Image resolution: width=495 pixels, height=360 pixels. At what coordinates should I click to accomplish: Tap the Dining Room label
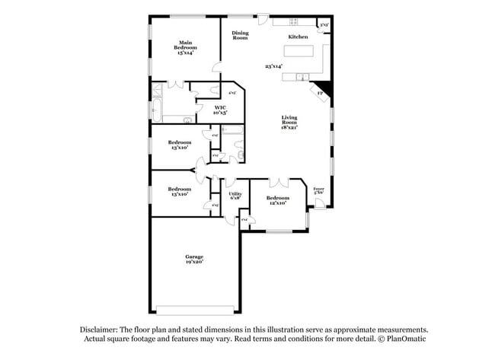pos(240,36)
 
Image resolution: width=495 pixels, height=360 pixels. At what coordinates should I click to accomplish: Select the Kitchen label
pos(297,37)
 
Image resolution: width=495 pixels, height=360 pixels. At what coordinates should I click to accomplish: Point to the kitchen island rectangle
pos(299,53)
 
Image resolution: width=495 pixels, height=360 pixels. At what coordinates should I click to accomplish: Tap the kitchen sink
pos(302,76)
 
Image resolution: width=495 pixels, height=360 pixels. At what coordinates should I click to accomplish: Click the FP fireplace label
pos(320,94)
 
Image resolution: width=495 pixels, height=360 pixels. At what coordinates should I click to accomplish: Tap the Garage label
pos(194,256)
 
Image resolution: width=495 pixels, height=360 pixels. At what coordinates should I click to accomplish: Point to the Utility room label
pos(235,193)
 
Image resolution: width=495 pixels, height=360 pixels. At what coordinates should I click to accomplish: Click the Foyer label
pos(319,189)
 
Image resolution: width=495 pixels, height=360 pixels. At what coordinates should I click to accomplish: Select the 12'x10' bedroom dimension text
pos(276,203)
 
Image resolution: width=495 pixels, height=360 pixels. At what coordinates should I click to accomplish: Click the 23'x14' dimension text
pos(273,66)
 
